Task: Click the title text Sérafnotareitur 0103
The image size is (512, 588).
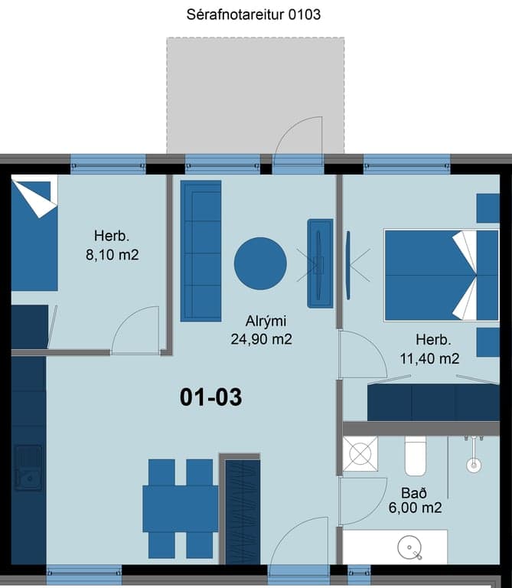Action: pyautogui.click(x=253, y=15)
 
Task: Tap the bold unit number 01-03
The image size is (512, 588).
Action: pyautogui.click(x=210, y=397)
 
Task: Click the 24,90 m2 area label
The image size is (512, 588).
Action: pyautogui.click(x=261, y=339)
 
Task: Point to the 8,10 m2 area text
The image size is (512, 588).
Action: pyautogui.click(x=112, y=255)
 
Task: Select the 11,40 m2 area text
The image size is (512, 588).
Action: pyautogui.click(x=429, y=359)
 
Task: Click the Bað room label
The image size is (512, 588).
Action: pyautogui.click(x=414, y=493)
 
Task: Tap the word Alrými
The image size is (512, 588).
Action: pyautogui.click(x=266, y=322)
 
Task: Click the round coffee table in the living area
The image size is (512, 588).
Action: pyautogui.click(x=260, y=263)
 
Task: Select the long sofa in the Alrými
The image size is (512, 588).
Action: pyautogui.click(x=201, y=251)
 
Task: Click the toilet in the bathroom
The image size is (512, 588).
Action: pyautogui.click(x=416, y=456)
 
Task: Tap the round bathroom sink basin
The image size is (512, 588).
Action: pyautogui.click(x=409, y=547)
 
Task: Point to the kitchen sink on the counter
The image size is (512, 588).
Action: pyautogui.click(x=28, y=468)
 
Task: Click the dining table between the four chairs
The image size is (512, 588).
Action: pyautogui.click(x=181, y=509)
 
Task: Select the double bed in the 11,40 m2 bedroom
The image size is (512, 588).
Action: pyautogui.click(x=442, y=276)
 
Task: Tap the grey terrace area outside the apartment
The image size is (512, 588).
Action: pyautogui.click(x=256, y=95)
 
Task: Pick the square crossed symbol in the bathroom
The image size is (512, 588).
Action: pyautogui.click(x=360, y=454)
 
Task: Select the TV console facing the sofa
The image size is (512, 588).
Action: pyautogui.click(x=320, y=263)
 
